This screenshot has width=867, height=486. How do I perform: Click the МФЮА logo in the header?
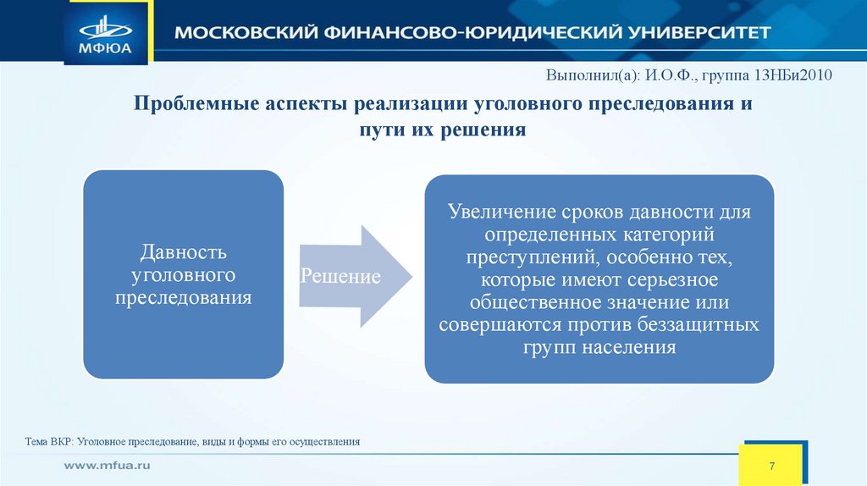click(x=108, y=31)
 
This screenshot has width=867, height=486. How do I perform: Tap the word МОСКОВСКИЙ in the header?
click(x=240, y=34)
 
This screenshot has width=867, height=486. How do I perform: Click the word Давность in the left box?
click(x=182, y=252)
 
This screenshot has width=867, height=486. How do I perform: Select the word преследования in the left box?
click(x=183, y=298)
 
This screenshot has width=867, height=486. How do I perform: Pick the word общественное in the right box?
click(x=527, y=302)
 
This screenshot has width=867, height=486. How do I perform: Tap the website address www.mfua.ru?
click(x=108, y=467)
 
